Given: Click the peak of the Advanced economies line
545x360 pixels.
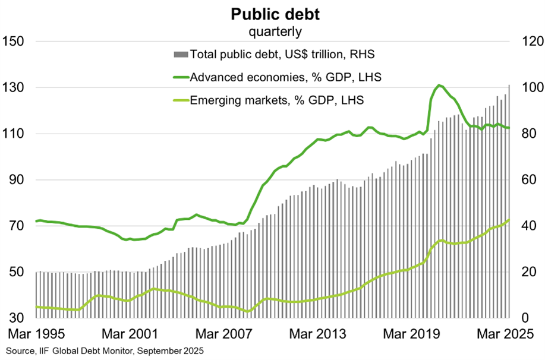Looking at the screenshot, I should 439,86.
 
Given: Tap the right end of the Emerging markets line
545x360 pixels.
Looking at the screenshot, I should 509,220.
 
